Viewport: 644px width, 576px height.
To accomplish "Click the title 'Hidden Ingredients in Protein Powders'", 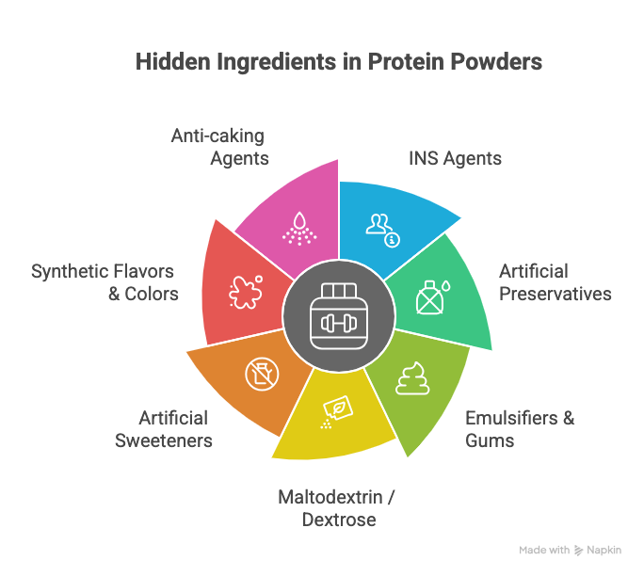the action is (x=339, y=62).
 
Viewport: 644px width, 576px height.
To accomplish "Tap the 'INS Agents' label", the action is (x=455, y=158).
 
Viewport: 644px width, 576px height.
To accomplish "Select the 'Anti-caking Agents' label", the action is (x=219, y=147).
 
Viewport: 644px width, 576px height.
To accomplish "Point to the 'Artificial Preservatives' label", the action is (x=555, y=282).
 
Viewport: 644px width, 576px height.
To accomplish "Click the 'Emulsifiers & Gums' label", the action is (x=520, y=429).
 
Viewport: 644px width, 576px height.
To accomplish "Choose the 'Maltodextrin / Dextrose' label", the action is (x=336, y=508).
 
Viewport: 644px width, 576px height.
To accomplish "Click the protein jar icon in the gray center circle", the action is (x=339, y=316).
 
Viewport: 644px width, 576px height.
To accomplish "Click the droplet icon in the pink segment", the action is (x=299, y=229).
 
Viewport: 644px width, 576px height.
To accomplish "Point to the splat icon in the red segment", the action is (x=246, y=292).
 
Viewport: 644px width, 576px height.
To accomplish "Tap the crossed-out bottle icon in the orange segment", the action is (x=262, y=374).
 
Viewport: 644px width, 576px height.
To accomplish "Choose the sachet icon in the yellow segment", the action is (x=336, y=412).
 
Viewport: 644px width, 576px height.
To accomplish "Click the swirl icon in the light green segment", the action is (x=412, y=378).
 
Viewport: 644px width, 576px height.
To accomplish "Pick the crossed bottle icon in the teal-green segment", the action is (x=433, y=297).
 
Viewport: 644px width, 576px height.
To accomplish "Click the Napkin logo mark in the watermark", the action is (x=578, y=551).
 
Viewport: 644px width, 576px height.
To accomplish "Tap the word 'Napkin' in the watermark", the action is (x=604, y=551).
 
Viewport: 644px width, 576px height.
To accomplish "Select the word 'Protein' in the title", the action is (x=406, y=62).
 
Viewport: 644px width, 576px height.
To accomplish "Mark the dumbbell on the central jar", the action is (x=339, y=323).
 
